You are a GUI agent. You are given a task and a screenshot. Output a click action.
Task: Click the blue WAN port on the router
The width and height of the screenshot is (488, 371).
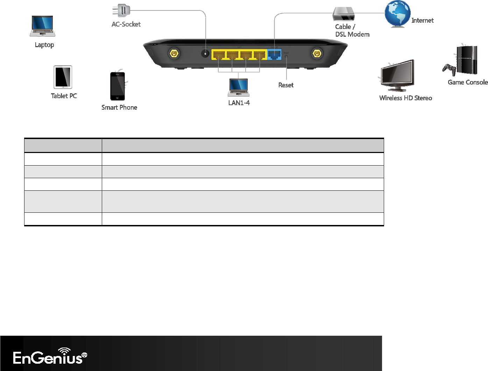coord(274,54)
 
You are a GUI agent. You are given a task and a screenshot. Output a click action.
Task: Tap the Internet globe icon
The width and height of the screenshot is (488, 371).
coord(397,14)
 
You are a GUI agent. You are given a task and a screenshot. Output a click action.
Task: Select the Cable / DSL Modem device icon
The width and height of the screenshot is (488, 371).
coord(344,14)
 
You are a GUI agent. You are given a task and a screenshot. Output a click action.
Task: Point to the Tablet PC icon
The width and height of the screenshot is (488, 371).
coord(63,77)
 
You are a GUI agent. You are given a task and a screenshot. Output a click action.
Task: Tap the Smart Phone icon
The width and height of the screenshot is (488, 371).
coord(118,86)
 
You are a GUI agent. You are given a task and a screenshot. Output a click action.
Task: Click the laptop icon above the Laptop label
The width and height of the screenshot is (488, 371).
coord(43,26)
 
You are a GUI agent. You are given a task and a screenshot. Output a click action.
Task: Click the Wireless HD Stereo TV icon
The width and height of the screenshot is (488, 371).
coord(397,75)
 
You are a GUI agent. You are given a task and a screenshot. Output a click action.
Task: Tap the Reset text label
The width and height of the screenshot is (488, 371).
coord(286,85)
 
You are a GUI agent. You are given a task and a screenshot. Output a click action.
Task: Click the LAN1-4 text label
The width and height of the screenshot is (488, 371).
coord(239,103)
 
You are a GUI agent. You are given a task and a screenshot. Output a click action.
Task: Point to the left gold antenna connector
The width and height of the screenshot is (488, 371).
coord(174,54)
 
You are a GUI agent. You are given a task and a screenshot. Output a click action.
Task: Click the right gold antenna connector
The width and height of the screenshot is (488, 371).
coord(317,54)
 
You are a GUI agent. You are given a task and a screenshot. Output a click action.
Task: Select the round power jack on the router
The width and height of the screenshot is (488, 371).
coord(205,54)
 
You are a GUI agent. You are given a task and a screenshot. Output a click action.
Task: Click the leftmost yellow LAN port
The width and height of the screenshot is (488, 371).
coord(219,55)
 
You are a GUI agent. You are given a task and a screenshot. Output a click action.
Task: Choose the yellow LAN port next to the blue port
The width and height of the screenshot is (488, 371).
coord(260,55)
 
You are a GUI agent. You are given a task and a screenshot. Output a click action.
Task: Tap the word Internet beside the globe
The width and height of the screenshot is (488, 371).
coord(422,21)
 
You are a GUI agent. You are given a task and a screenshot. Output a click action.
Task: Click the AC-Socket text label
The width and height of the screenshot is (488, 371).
coord(126,24)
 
